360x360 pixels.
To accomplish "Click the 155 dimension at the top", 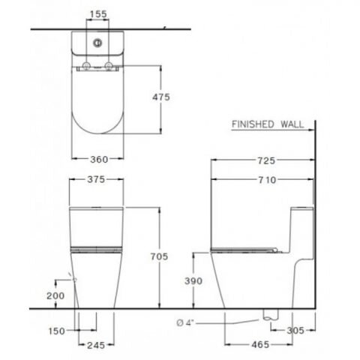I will pos(96,14).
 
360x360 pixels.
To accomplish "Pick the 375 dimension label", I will pos(95,179).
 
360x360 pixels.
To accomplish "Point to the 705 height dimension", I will pos(172,256).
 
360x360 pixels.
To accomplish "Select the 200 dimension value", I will pos(54,296).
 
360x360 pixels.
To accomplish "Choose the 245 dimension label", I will pos(95,346).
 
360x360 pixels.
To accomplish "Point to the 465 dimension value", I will pos(259,346).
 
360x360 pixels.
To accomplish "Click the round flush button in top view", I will pos(96,43).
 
